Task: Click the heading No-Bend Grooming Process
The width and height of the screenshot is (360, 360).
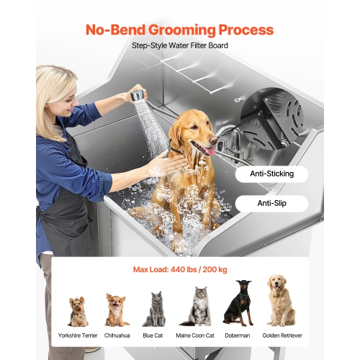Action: pyautogui.click(x=179, y=30)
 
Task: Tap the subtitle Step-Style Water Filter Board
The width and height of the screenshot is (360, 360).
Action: pyautogui.click(x=179, y=45)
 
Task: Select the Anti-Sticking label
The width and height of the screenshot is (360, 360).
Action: pyautogui.click(x=270, y=174)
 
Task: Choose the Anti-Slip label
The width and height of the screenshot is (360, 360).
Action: pyautogui.click(x=270, y=204)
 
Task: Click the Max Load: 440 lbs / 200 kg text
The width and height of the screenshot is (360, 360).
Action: pyautogui.click(x=180, y=270)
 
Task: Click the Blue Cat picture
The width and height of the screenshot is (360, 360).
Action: pyautogui.click(x=153, y=310)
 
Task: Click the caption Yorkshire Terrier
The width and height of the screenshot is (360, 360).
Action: pyautogui.click(x=78, y=336)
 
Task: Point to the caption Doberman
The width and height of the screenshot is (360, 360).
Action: pyautogui.click(x=238, y=336)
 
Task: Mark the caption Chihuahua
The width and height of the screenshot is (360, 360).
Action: pyautogui.click(x=116, y=336)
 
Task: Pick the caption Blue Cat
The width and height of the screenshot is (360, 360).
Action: pyautogui.click(x=153, y=336)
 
